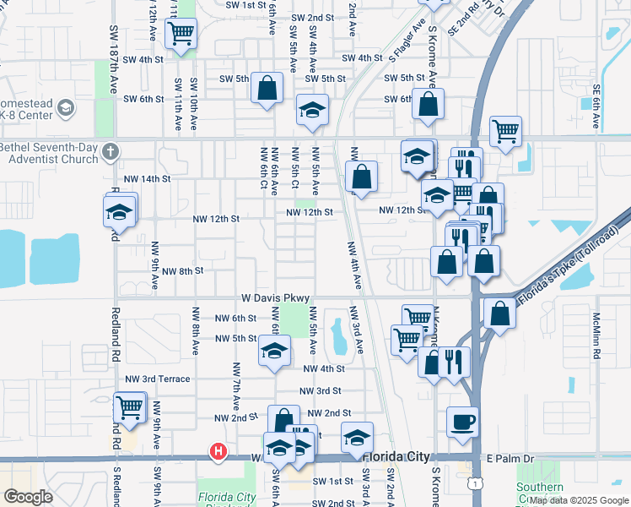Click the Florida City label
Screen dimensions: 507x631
405,457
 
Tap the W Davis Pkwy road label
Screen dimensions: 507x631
277,298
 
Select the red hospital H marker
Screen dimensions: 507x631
218,452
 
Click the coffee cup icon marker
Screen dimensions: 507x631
462,421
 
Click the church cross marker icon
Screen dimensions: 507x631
109,152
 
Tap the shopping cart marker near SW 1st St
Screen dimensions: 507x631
181,34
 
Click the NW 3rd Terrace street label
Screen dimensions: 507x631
158,379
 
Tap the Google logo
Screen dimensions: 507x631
28,496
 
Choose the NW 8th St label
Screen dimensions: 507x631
186,271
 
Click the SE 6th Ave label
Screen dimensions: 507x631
596,104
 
